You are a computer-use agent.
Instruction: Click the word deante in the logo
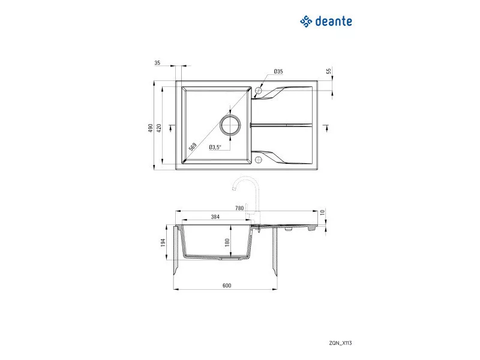[x=334, y=22]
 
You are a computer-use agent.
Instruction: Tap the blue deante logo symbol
[x=306, y=22]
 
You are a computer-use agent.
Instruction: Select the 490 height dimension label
[x=151, y=128]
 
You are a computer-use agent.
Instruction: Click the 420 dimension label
[x=159, y=128]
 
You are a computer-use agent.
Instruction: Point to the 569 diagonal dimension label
[x=193, y=146]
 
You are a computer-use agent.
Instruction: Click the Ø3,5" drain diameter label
[x=215, y=147]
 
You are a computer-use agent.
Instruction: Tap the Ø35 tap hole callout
[x=278, y=71]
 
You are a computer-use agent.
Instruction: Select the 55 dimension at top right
[x=329, y=71]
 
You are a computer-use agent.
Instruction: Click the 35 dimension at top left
[x=157, y=63]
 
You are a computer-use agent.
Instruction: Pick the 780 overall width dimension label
[x=239, y=208]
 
